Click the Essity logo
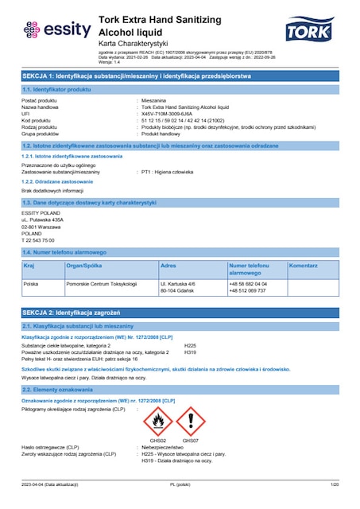coord(52,29)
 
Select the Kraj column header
coord(29,265)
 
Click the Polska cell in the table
coord(32,283)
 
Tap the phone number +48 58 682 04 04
coord(247,283)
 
